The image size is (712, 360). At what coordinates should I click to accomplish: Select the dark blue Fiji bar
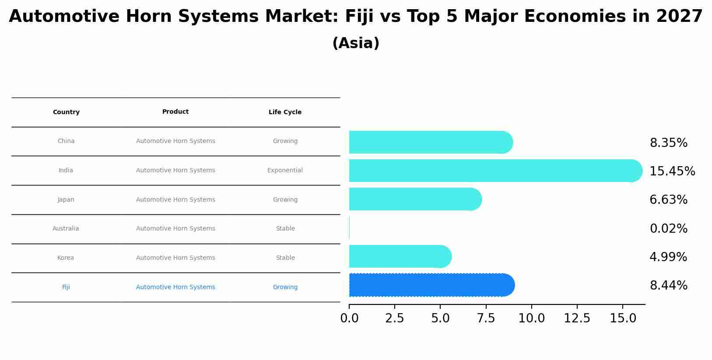pyautogui.click(x=431, y=285)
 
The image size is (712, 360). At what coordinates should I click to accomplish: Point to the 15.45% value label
pyautogui.click(x=672, y=171)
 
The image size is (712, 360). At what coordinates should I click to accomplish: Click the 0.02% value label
pyautogui.click(x=668, y=229)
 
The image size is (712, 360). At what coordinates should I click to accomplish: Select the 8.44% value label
pyautogui.click(x=668, y=286)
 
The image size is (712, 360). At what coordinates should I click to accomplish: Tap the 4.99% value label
pyautogui.click(x=668, y=257)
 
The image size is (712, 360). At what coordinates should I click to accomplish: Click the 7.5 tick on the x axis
pyautogui.click(x=486, y=318)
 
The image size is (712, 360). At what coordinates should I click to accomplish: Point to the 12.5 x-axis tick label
pyautogui.click(x=577, y=318)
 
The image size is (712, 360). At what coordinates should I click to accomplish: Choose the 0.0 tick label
pyautogui.click(x=349, y=318)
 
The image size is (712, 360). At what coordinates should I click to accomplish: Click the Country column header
pyautogui.click(x=66, y=112)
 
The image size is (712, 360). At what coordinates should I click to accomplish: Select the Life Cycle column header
pyautogui.click(x=285, y=112)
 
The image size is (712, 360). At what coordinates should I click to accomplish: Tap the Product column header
pyautogui.click(x=175, y=112)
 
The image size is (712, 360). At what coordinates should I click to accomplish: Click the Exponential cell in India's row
pyautogui.click(x=285, y=171)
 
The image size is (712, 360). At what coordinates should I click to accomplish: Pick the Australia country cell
pyautogui.click(x=66, y=229)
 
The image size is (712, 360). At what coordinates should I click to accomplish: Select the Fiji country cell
pyautogui.click(x=66, y=287)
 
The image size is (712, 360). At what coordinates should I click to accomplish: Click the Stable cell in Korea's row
pyautogui.click(x=285, y=258)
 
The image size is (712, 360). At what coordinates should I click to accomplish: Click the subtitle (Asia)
pyautogui.click(x=356, y=43)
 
